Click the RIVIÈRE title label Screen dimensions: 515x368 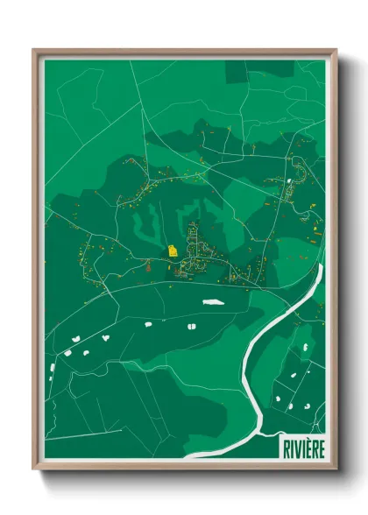303,447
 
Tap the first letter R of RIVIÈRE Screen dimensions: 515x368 286,447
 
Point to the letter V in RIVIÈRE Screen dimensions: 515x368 297,447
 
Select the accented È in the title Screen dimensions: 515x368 308,447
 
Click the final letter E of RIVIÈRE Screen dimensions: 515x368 322,447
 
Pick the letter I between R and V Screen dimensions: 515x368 292,447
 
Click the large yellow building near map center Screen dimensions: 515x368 173,250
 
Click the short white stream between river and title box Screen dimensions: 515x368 268,429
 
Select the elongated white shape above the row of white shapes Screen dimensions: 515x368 211,302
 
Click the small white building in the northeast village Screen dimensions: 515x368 287,183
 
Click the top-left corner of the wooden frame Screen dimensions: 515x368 34,50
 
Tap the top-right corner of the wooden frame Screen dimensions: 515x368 336,50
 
